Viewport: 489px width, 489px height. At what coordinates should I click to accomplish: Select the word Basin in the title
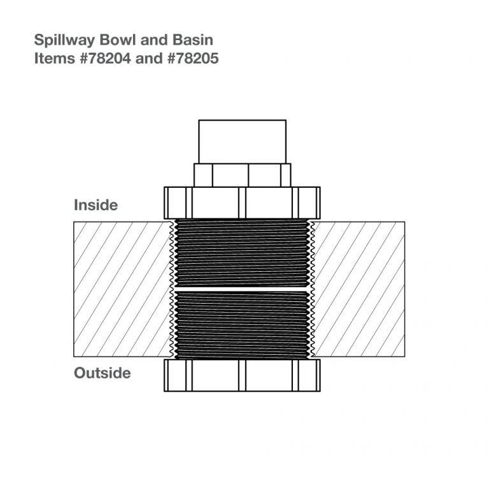pyautogui.click(x=193, y=40)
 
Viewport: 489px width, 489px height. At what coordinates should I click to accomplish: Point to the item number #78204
pyautogui.click(x=106, y=59)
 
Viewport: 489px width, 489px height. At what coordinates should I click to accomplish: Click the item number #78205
pyautogui.click(x=193, y=59)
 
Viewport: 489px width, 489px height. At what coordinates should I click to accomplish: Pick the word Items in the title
pyautogui.click(x=55, y=59)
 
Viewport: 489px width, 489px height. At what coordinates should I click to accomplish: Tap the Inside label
pyautogui.click(x=96, y=205)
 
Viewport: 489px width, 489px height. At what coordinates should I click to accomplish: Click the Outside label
pyautogui.click(x=103, y=373)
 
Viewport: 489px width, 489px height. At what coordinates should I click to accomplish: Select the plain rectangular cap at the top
pyautogui.click(x=243, y=141)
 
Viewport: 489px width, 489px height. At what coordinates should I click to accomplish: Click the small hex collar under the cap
pyautogui.click(x=243, y=175)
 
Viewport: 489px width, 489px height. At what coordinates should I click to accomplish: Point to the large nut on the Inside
pyautogui.click(x=243, y=202)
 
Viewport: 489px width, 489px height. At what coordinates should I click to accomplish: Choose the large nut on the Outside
pyautogui.click(x=243, y=375)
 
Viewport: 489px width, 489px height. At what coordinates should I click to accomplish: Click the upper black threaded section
pyautogui.click(x=243, y=253)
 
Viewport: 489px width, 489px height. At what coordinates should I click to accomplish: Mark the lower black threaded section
pyautogui.click(x=243, y=325)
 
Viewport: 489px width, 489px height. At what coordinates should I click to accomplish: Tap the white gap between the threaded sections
pyautogui.click(x=243, y=289)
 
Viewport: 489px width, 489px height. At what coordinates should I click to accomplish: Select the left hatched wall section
pyautogui.click(x=122, y=289)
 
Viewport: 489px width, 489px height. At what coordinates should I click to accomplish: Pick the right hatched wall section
pyautogui.click(x=359, y=289)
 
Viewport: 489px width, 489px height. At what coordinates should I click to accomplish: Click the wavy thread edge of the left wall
pyautogui.click(x=171, y=289)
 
